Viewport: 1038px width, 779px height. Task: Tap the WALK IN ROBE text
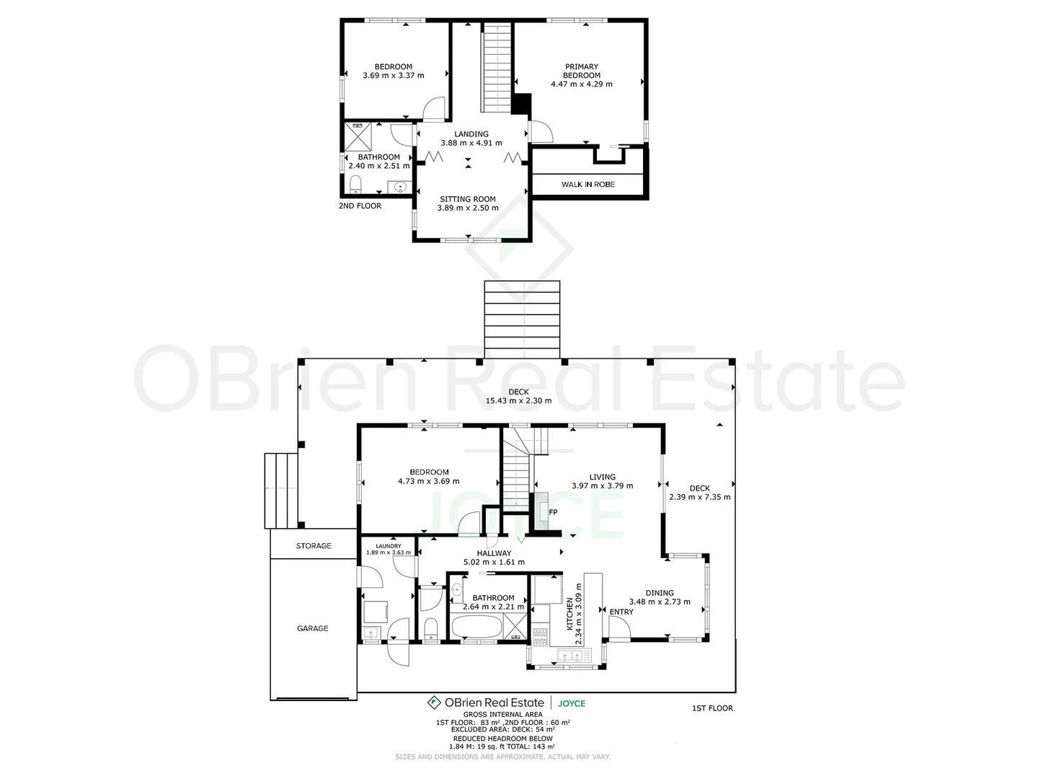[587, 185]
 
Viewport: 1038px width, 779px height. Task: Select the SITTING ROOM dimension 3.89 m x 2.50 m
[468, 208]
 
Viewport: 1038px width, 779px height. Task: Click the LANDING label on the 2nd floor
[471, 134]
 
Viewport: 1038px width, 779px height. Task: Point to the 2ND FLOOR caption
[360, 206]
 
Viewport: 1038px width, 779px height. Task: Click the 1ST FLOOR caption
[711, 708]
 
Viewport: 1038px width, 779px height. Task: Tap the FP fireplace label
[554, 512]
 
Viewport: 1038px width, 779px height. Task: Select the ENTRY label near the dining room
[621, 612]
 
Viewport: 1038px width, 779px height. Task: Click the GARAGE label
[313, 629]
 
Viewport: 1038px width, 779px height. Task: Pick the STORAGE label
[314, 546]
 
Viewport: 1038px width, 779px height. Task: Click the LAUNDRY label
[389, 546]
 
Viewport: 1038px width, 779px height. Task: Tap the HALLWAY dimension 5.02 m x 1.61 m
[494, 563]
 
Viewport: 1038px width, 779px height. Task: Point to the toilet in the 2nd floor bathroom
[355, 188]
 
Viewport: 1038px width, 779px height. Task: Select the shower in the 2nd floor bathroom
[357, 136]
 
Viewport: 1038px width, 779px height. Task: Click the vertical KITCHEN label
[569, 614]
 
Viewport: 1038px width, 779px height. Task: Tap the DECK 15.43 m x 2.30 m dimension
[518, 401]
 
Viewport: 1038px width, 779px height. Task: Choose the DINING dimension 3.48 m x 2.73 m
[660, 602]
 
